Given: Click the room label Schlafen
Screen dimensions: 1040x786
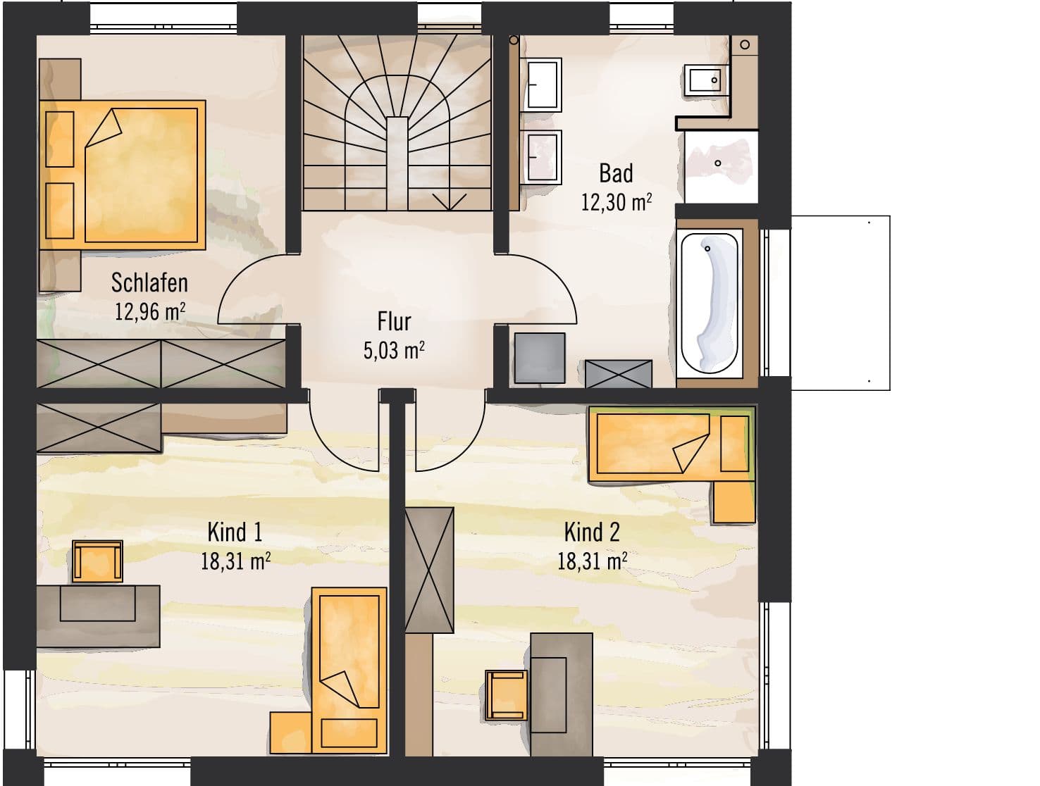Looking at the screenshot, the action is point(149,282).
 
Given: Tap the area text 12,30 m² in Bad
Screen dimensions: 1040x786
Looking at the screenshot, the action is point(616,202).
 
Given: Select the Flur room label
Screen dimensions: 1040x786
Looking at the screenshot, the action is point(394,321).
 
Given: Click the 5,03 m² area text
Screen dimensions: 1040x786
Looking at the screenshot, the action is point(394,350).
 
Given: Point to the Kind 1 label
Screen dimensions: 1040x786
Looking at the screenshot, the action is point(235,532).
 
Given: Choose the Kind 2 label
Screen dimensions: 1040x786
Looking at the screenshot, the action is point(592,532).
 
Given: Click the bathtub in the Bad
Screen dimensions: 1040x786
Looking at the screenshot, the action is point(710,303).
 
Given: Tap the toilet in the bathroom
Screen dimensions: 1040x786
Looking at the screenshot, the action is point(705,80).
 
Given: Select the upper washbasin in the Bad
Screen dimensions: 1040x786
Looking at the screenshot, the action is point(541,85).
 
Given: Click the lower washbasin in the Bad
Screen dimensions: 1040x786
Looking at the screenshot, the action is point(541,157).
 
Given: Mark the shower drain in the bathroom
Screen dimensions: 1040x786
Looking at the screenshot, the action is point(717,163).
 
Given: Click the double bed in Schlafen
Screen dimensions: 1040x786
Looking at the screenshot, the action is point(122,175).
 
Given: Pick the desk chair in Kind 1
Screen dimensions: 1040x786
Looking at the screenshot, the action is point(98,561).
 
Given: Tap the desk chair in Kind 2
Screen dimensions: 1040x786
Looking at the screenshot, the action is point(506,695).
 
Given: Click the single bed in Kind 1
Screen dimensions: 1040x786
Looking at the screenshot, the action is point(349,670).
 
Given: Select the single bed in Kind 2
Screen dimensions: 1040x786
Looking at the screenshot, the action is point(671,443).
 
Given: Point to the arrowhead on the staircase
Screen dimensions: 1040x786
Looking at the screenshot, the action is point(449,202).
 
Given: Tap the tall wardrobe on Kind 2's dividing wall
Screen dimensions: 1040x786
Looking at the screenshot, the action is point(429,570).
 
